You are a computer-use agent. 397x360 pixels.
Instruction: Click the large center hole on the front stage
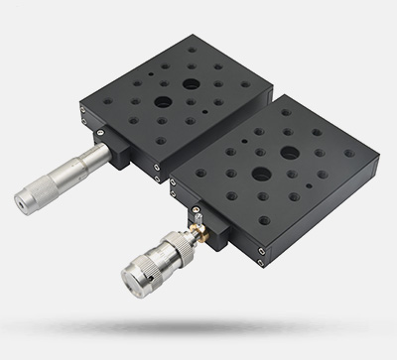coord(290,154)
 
